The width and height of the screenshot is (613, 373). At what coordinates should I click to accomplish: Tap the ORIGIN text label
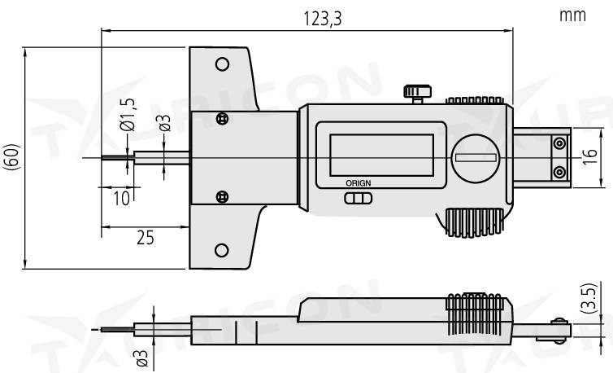coord(357,184)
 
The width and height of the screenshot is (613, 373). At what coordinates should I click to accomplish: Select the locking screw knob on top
coord(418,91)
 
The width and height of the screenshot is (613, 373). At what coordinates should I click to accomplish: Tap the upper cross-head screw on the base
coord(222,119)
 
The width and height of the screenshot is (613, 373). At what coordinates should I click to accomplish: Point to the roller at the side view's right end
coord(559,327)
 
